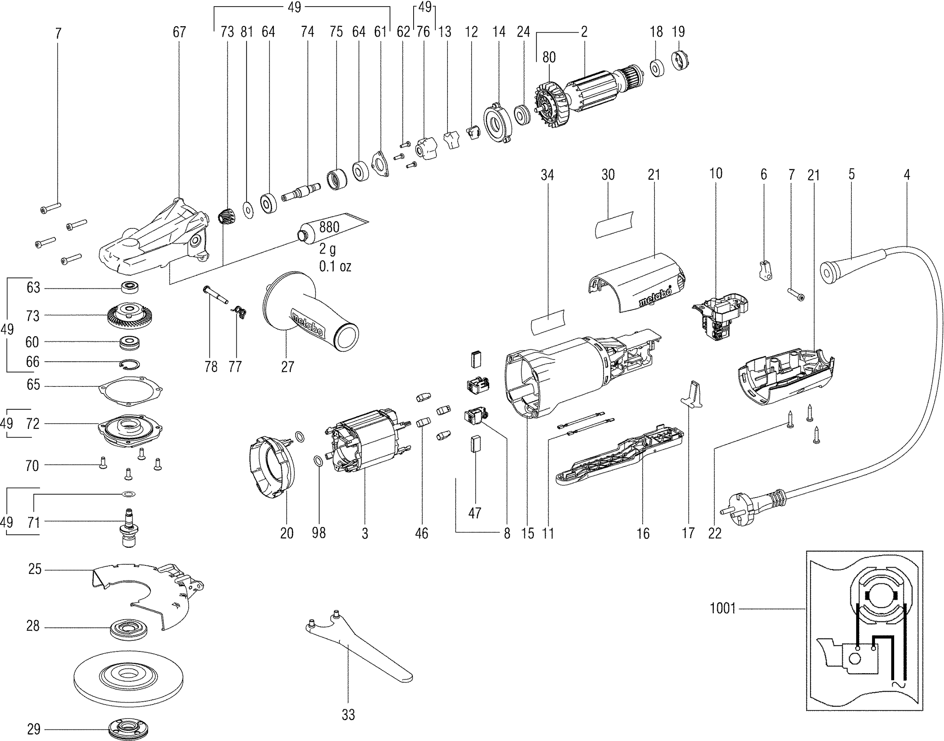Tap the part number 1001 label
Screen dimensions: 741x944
722,608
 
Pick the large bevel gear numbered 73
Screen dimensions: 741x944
125,316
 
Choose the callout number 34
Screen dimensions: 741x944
547,175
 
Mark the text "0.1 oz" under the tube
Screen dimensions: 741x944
335,266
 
